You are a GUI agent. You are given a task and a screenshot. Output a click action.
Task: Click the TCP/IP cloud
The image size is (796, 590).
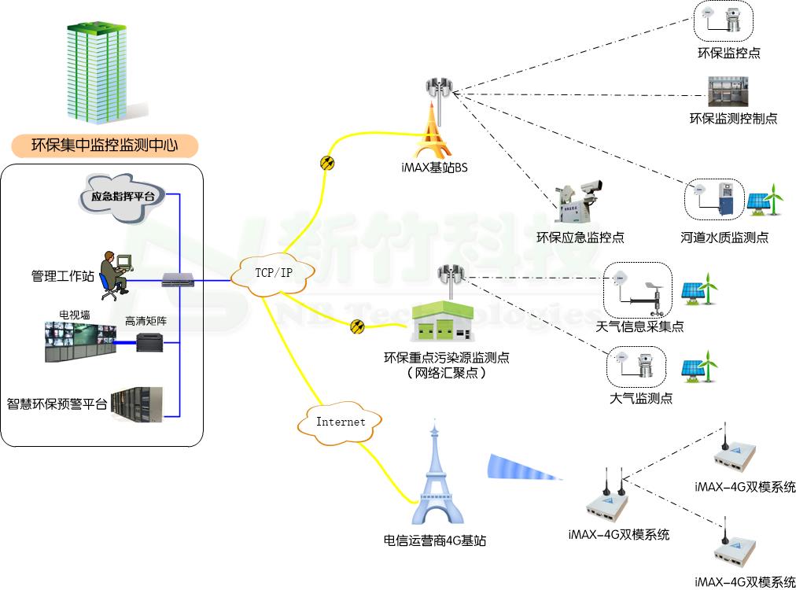coord(274,273)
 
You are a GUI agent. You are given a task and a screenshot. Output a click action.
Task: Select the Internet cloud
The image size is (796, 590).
coord(341,422)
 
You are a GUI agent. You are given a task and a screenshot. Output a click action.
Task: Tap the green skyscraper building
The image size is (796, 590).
coord(96,72)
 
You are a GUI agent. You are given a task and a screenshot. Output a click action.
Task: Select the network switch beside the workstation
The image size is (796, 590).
coord(173,278)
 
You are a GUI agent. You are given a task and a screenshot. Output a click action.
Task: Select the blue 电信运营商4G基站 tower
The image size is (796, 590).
coord(435,480)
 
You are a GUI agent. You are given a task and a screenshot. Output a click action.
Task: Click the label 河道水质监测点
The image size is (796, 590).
coord(724,238)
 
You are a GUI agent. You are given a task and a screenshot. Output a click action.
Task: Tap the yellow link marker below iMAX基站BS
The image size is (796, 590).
coord(327,164)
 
